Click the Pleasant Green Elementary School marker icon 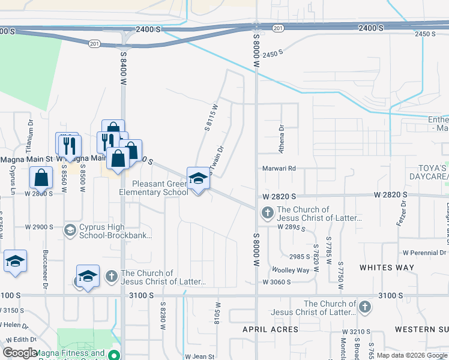point(198,178)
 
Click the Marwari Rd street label point(279,169)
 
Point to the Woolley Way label point(291,270)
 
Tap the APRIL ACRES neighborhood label point(270,329)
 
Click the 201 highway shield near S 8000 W point(277,28)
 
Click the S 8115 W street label point(210,117)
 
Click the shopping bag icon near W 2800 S point(40,178)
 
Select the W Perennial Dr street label point(425,253)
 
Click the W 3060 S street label point(276,282)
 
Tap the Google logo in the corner point(19,353)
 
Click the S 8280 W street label point(162,316)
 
